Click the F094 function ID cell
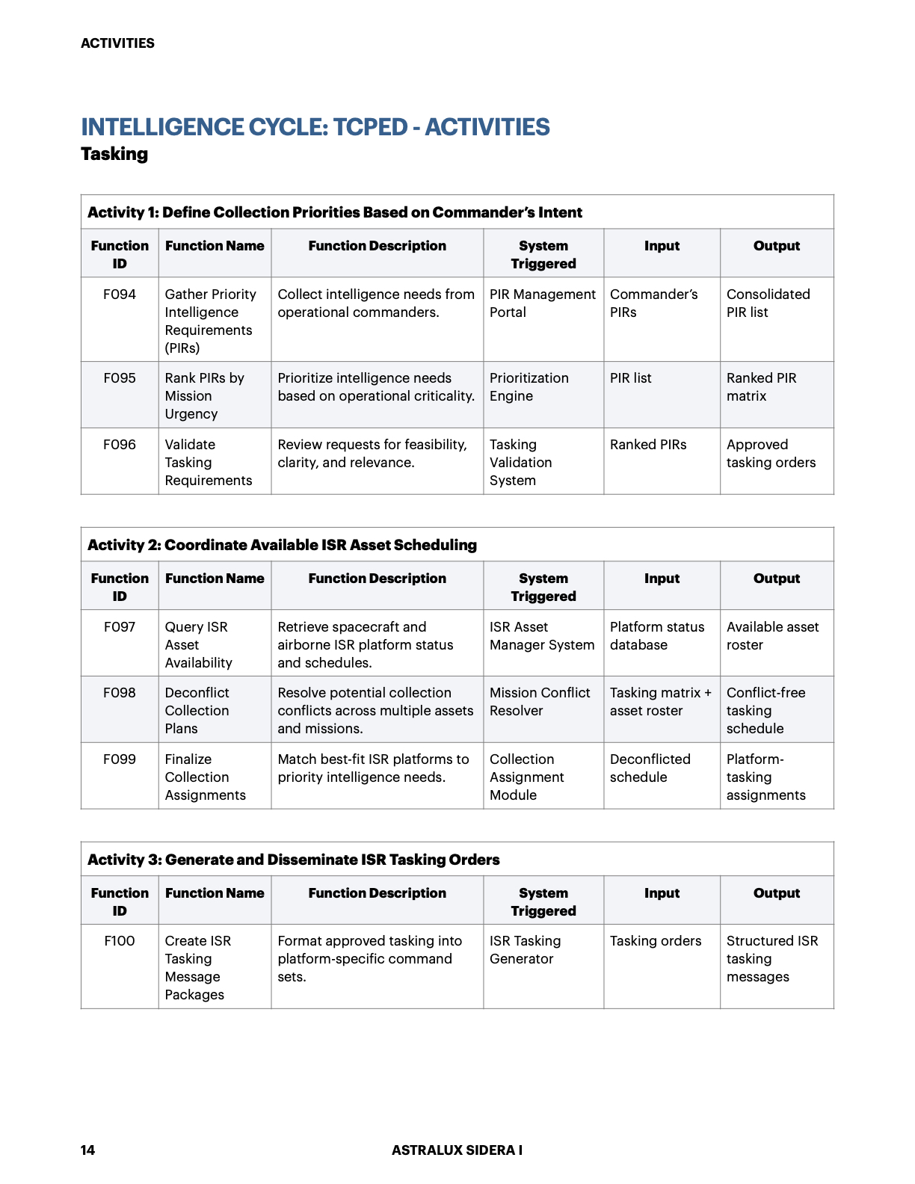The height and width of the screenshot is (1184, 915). tap(120, 295)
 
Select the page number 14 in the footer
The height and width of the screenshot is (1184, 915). tap(87, 1150)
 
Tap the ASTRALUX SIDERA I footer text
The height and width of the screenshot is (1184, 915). tap(457, 1150)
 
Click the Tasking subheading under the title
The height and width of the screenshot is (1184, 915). tap(114, 154)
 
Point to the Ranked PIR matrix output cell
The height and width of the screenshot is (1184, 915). tap(761, 387)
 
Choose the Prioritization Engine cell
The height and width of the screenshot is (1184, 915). tap(529, 387)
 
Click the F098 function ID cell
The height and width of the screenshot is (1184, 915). tap(120, 693)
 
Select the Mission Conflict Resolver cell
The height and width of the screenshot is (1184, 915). tap(540, 702)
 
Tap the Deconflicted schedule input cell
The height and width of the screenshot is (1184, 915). tap(650, 768)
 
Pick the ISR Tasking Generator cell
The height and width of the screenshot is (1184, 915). tap(525, 949)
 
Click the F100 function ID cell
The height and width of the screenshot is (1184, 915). tap(120, 941)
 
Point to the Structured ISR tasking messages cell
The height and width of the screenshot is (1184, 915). tap(771, 958)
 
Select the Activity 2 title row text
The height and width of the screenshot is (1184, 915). tap(282, 545)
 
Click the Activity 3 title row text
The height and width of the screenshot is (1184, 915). tap(293, 860)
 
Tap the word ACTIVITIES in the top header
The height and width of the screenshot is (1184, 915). tap(117, 43)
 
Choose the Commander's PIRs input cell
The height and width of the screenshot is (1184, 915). tap(653, 303)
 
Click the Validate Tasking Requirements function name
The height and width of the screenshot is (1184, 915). tap(208, 462)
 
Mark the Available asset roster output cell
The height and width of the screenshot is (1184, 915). tap(772, 636)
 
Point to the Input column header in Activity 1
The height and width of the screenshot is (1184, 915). tap(662, 246)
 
